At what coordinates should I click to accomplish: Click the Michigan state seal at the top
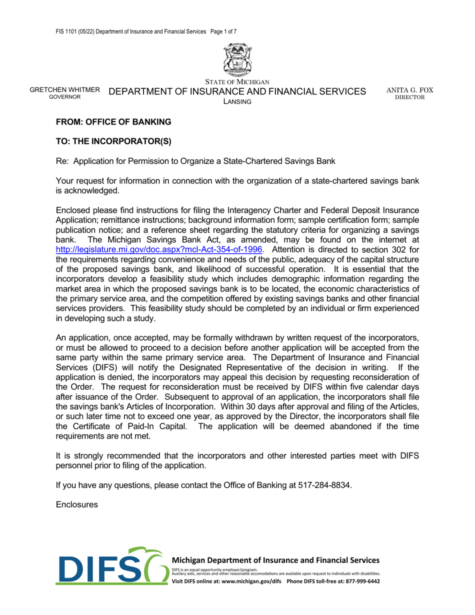237,59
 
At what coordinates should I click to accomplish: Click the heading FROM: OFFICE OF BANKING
113,122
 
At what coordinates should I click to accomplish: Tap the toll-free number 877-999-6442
360,582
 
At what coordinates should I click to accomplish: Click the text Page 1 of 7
223,31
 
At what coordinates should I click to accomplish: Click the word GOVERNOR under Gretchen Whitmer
65,97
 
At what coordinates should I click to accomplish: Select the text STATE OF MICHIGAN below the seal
237,82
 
